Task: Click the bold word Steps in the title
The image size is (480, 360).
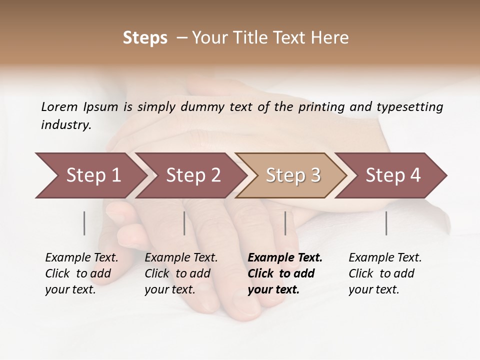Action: coord(145,38)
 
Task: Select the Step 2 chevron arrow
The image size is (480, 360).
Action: coord(193,175)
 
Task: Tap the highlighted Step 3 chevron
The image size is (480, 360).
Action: coord(293,175)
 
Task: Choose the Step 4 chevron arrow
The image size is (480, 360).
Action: coord(393,175)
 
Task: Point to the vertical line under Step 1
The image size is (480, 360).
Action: coord(84,223)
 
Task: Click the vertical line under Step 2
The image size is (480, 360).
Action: coord(184,223)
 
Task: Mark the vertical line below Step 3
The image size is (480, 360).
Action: coord(285,223)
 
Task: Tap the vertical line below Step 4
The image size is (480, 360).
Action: coord(386,223)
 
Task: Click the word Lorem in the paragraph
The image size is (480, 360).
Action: coord(59,106)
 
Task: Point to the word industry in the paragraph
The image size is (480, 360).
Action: coord(65,125)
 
